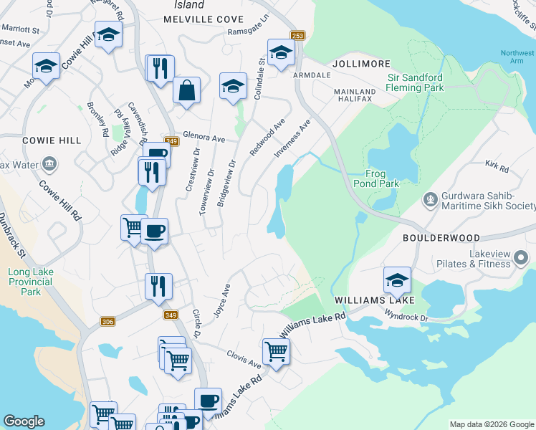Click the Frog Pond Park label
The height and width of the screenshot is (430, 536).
[x=381, y=178]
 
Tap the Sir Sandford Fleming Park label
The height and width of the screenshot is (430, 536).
[x=416, y=82]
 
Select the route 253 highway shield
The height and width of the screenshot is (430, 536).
[x=298, y=36]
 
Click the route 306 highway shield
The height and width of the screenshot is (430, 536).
[x=108, y=322]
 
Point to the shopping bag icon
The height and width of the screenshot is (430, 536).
[x=186, y=91]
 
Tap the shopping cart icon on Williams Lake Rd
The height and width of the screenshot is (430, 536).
[x=276, y=351]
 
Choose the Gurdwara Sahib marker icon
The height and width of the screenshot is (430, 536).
[x=431, y=199]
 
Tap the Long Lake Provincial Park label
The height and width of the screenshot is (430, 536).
[x=30, y=282]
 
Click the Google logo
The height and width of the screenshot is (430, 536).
[x=24, y=421]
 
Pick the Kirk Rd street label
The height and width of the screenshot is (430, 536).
[x=496, y=167]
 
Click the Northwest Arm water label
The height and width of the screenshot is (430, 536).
[x=517, y=57]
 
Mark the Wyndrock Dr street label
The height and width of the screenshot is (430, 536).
[x=406, y=315]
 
